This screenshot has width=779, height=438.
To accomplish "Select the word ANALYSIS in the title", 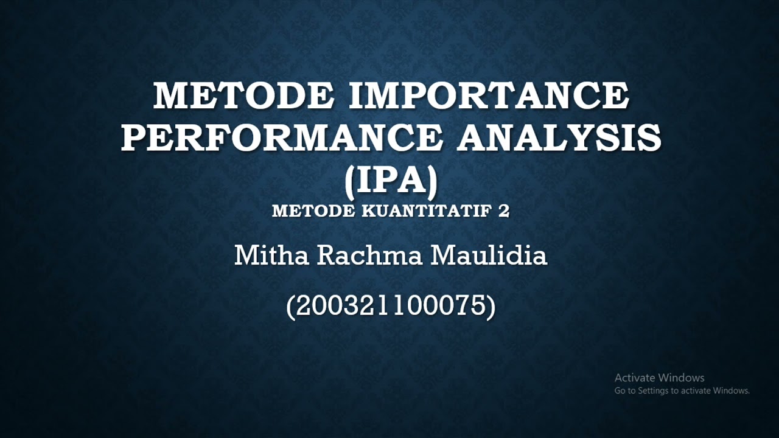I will [x=559, y=137].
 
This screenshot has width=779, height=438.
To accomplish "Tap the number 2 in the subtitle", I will [x=504, y=211].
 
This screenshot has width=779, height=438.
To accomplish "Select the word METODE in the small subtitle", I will [x=313, y=211].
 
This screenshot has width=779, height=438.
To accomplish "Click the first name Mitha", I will [x=271, y=255].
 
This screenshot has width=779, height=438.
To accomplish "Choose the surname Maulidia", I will [x=489, y=255].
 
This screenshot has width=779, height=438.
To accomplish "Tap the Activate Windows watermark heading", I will [x=659, y=378].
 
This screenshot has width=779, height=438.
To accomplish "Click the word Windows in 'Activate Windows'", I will [x=681, y=378].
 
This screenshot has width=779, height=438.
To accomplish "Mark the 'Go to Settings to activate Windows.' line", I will [x=682, y=391].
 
